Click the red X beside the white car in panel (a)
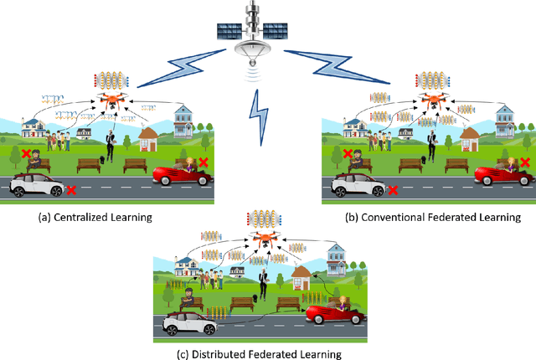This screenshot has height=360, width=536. click(71, 191)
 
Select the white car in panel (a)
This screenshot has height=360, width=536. click(35, 187)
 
